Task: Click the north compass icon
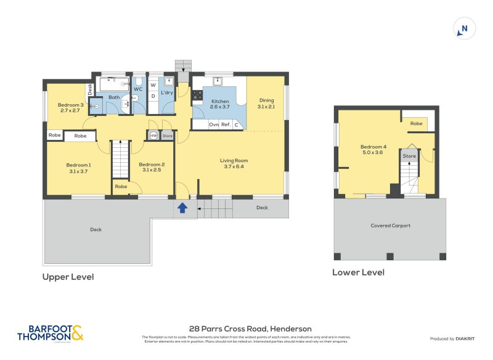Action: coord(464,28)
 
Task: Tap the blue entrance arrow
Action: coord(182,208)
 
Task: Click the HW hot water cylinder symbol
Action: coord(153,136)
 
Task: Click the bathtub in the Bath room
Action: coord(114,84)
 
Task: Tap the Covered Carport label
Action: coord(390,226)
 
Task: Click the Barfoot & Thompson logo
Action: coord(49,333)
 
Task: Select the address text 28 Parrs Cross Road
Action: coord(250,329)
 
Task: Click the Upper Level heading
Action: coord(68,277)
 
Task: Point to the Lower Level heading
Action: coord(358,272)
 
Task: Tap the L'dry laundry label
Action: coord(166,92)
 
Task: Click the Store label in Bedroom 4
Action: coord(409,156)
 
